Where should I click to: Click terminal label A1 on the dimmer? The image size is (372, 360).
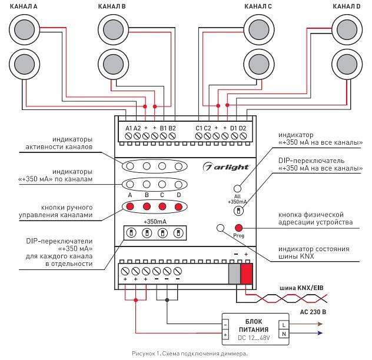129,128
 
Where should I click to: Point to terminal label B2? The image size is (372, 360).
172,128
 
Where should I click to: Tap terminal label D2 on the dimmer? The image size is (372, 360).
242,128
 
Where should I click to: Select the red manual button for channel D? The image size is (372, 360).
178,206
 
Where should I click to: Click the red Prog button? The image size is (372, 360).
239,228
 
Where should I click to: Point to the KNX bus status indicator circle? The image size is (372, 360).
221,228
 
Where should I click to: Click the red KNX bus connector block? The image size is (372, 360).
246,274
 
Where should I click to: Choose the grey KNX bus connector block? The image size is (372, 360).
234,274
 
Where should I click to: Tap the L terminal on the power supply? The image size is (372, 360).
284,324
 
